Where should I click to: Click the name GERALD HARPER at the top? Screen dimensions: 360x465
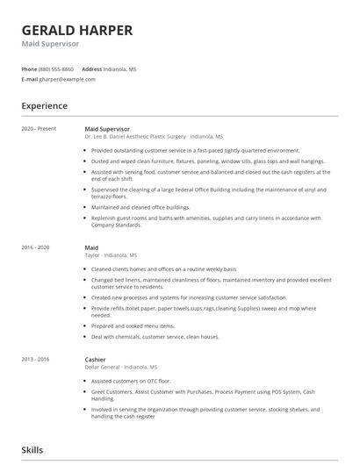pyautogui.click(x=77, y=31)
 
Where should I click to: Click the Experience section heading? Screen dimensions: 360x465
pyautogui.click(x=44, y=106)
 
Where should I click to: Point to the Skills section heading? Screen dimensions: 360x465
pyautogui.click(x=32, y=449)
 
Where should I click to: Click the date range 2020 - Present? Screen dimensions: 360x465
pyautogui.click(x=39, y=129)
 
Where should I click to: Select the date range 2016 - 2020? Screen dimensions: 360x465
pyautogui.click(x=35, y=247)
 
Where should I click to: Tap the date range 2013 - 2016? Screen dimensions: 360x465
pyautogui.click(x=35, y=359)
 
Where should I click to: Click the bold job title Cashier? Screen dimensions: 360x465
pyautogui.click(x=95, y=359)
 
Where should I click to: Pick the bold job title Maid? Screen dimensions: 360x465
pyautogui.click(x=91, y=247)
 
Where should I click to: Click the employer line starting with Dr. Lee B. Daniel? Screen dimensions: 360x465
pyautogui.click(x=154, y=137)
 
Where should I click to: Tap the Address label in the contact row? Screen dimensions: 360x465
pyautogui.click(x=92, y=68)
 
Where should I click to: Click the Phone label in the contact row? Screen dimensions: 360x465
pyautogui.click(x=29, y=68)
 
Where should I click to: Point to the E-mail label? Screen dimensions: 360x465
pyautogui.click(x=30, y=79)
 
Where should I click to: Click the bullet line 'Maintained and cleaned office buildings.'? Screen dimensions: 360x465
pyautogui.click(x=140, y=207)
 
